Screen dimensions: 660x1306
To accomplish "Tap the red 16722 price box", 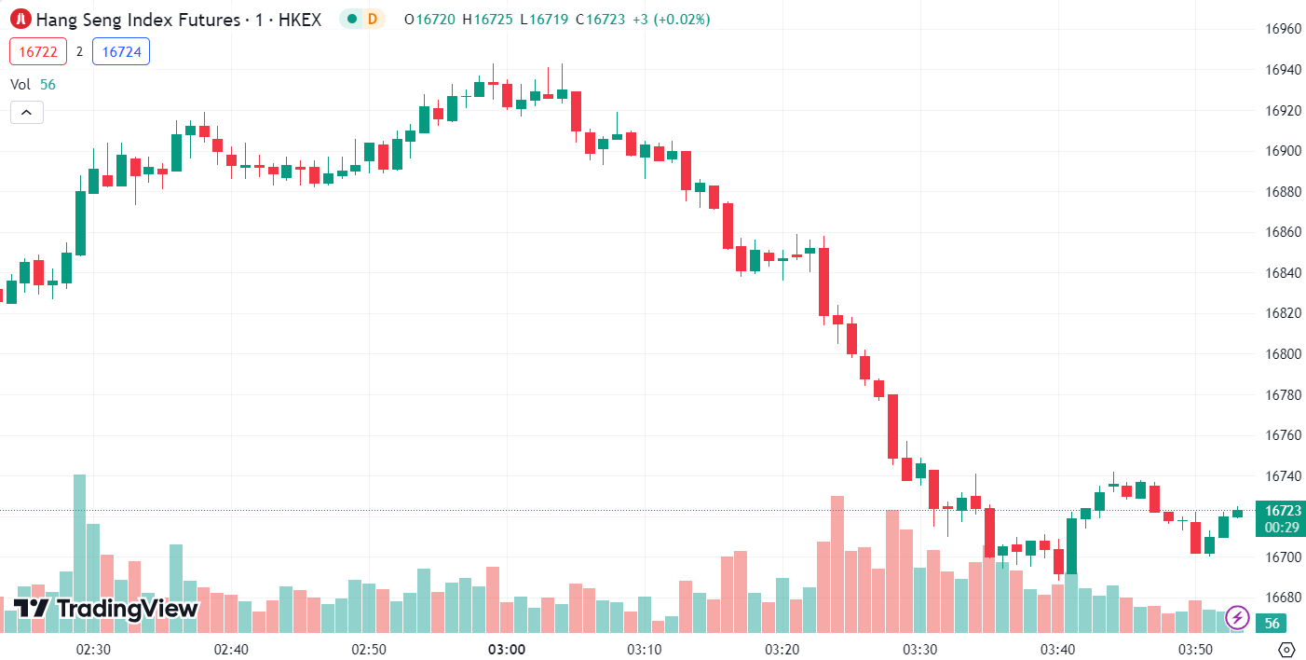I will pos(38,52).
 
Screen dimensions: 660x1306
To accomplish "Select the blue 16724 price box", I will pos(121,52).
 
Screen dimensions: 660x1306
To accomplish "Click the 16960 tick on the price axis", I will pos(1282,29).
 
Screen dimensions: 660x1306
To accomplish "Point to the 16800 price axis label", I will pos(1282,354).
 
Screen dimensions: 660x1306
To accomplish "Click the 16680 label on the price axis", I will pos(1282,598).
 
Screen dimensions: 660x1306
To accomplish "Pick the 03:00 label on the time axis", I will pos(506,649).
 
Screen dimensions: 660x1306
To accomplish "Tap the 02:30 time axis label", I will pos(93,649).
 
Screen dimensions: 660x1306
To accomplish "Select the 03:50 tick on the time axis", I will pos(1195,649).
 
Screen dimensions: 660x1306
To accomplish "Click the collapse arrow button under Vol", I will pos(26,113).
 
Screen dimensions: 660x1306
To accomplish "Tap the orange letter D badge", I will pos(373,19).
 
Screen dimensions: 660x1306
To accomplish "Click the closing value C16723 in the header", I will pos(601,19).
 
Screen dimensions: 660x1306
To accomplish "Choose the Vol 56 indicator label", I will pos(33,84).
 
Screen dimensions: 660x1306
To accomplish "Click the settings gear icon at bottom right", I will pos(1286,649).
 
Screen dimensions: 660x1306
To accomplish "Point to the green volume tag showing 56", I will pos(1272,624).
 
